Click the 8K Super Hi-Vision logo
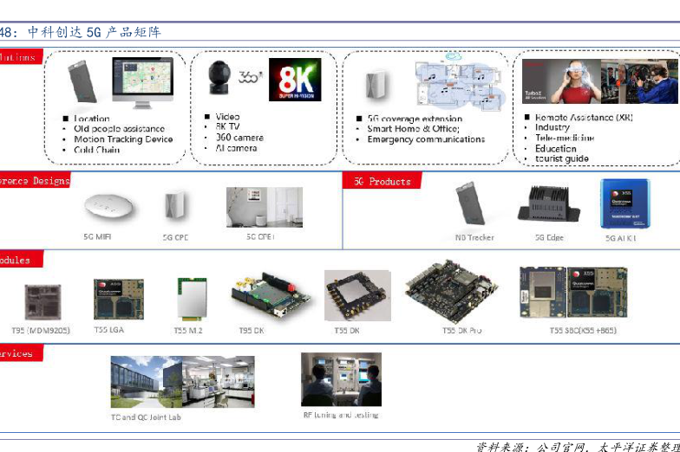[x=294, y=80]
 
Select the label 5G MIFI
[x=98, y=236]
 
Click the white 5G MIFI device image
[x=110, y=208]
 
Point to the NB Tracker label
[x=474, y=237]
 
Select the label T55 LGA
[x=109, y=330]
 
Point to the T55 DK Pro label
[x=461, y=331]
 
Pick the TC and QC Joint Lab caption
[x=146, y=417]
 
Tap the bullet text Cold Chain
[x=97, y=150]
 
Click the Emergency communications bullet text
[x=426, y=139]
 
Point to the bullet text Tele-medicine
[x=564, y=138]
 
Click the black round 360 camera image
[x=219, y=79]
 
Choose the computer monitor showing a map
[x=142, y=81]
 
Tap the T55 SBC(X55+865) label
[x=583, y=331]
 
